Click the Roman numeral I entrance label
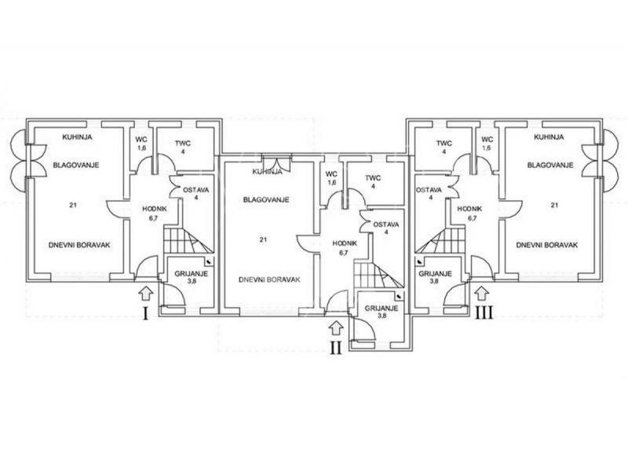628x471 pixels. click(145, 315)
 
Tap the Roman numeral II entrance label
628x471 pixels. click(336, 349)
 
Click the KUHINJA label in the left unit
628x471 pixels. click(79, 137)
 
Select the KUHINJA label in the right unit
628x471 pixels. click(549, 137)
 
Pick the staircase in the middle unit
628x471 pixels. click(372, 275)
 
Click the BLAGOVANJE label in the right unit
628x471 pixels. click(549, 166)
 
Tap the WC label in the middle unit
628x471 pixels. click(330, 173)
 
